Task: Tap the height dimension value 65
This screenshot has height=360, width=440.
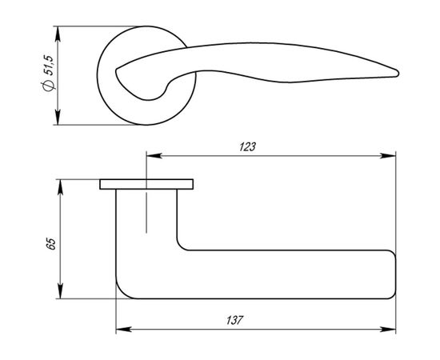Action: click(50, 243)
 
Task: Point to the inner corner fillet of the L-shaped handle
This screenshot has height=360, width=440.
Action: click(181, 246)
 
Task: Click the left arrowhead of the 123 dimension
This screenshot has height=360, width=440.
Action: click(150, 155)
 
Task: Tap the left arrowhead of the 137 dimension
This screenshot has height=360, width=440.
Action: click(122, 329)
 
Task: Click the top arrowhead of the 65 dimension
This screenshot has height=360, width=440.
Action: click(58, 184)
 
